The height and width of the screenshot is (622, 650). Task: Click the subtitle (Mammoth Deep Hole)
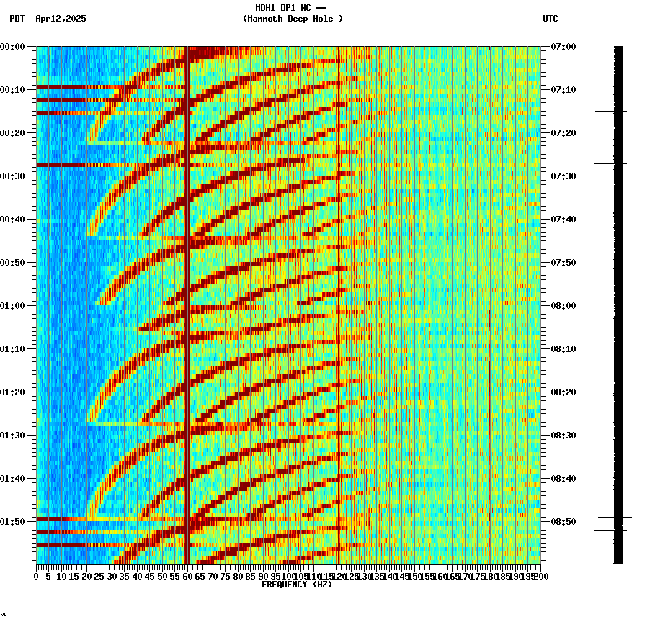pyautogui.click(x=293, y=19)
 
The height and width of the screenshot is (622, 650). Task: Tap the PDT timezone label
pyautogui.click(x=17, y=19)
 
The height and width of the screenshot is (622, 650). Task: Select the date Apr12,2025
pyautogui.click(x=61, y=19)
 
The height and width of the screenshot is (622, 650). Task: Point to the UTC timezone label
pyautogui.click(x=550, y=19)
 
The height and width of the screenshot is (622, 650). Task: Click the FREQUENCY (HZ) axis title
pyautogui.click(x=296, y=585)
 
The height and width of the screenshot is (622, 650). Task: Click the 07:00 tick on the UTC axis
pyautogui.click(x=563, y=47)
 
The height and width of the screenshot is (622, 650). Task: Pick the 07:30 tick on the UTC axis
pyautogui.click(x=563, y=176)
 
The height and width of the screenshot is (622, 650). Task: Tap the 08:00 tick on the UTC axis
pyautogui.click(x=563, y=306)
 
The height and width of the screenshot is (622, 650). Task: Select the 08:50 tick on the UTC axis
pyautogui.click(x=563, y=522)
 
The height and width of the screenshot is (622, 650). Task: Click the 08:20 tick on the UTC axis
pyautogui.click(x=563, y=392)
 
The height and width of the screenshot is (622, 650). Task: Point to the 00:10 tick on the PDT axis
pyautogui.click(x=14, y=90)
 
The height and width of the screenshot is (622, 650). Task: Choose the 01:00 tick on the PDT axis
pyautogui.click(x=14, y=306)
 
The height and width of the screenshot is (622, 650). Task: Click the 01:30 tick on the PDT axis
pyautogui.click(x=14, y=436)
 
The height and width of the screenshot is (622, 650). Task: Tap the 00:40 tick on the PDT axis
pyautogui.click(x=14, y=220)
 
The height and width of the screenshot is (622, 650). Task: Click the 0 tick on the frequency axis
pyautogui.click(x=37, y=576)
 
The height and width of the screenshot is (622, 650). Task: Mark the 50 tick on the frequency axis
pyautogui.click(x=162, y=576)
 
